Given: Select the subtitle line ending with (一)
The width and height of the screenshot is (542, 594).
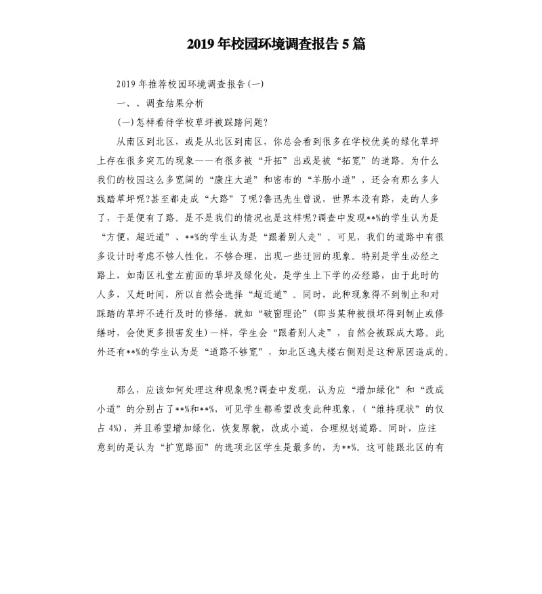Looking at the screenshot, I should coord(190,85).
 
